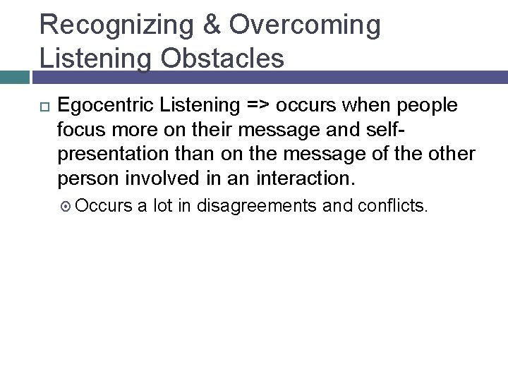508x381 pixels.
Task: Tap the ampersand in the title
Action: [x=213, y=25]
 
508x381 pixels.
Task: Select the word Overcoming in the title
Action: [x=304, y=25]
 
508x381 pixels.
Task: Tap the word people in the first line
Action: [x=426, y=106]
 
